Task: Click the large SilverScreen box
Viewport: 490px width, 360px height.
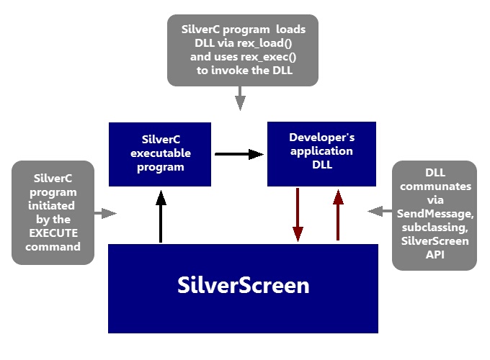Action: tap(243, 288)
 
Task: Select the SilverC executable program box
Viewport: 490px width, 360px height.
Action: tap(159, 154)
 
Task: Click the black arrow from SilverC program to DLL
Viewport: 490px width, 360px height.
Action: tap(239, 154)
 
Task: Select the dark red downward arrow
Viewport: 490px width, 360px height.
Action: tap(298, 215)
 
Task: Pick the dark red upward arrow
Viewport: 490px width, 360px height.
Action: tap(337, 215)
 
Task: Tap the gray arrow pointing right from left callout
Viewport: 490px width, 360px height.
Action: tap(105, 212)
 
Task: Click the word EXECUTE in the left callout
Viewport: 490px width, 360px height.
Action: tap(53, 234)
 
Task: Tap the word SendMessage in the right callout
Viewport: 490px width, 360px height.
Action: tap(434, 214)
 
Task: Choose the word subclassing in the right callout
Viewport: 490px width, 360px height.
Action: tap(434, 228)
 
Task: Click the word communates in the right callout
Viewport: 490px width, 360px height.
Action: tap(434, 186)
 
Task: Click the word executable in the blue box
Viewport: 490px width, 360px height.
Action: tap(159, 154)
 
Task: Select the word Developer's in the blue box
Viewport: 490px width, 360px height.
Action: tap(321, 137)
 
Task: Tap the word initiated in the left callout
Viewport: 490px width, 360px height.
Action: tap(53, 207)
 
